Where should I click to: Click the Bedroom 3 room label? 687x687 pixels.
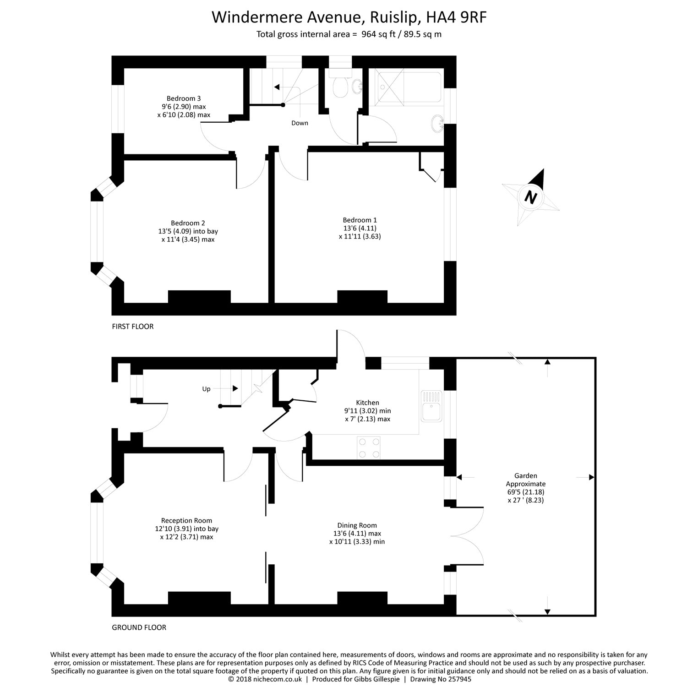tap(183, 98)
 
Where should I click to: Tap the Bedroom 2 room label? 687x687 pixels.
tap(188, 223)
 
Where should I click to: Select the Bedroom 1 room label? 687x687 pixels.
tap(360, 220)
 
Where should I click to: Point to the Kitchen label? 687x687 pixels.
tap(367, 403)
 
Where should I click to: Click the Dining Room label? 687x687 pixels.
tap(357, 525)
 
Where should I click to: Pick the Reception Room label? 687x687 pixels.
tap(186, 520)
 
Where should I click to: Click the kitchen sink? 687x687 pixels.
tap(431, 406)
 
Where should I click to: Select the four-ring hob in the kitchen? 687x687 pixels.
tap(369, 448)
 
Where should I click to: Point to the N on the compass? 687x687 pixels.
tap(530, 197)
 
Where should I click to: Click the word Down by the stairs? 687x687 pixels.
tap(300, 123)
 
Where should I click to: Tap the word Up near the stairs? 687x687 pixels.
tap(206, 389)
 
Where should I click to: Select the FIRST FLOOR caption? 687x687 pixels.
tap(133, 327)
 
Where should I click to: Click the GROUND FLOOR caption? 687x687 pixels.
tap(139, 627)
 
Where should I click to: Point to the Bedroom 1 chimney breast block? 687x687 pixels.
tap(362, 297)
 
